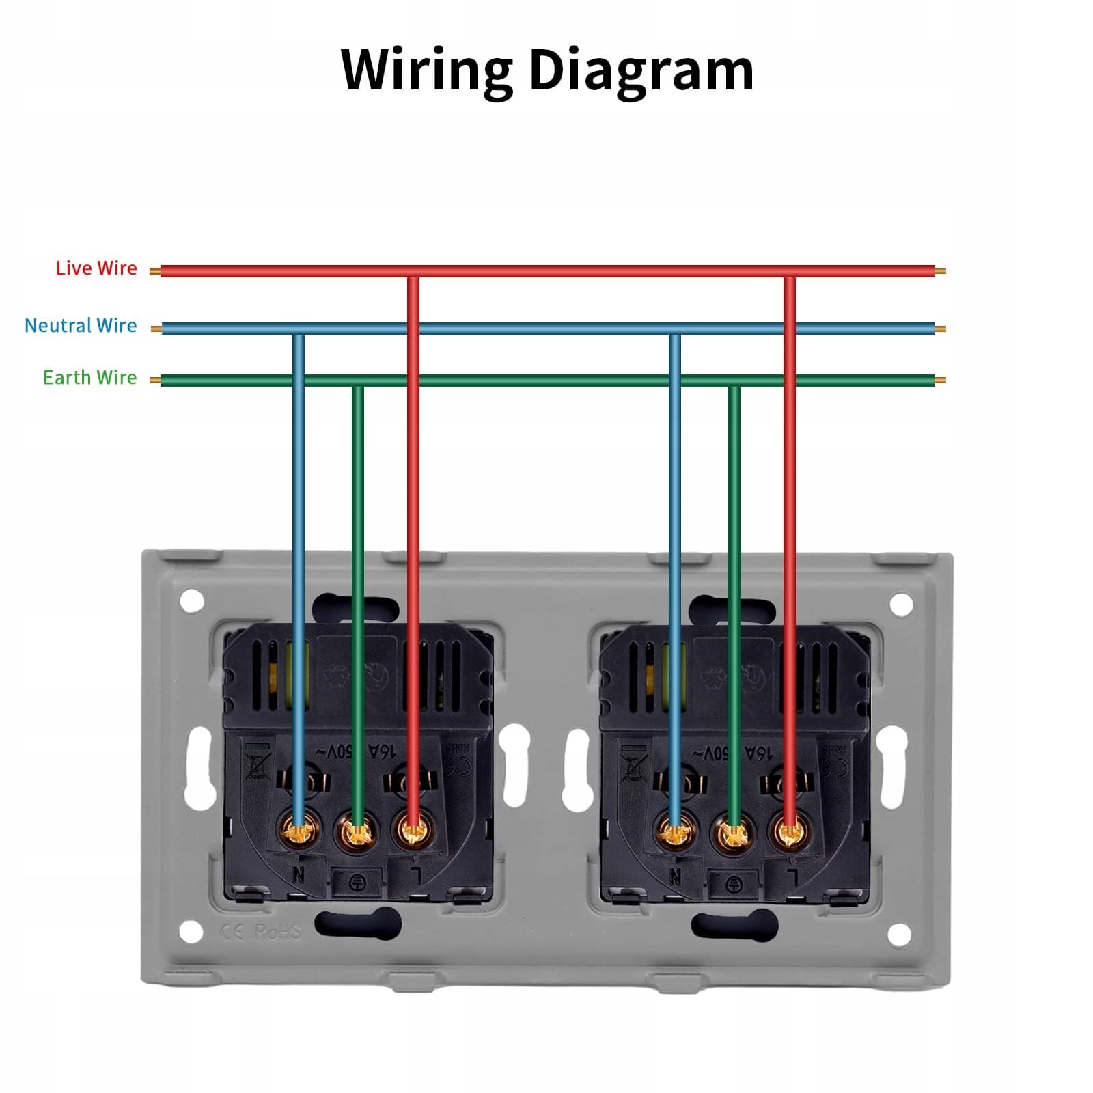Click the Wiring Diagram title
point(546,70)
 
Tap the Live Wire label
point(96,268)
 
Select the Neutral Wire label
point(81,326)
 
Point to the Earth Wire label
point(89,378)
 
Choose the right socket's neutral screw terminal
point(676,832)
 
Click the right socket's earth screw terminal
point(734,833)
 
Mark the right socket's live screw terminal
point(790,831)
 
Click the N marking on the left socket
point(299,874)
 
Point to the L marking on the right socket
point(792,876)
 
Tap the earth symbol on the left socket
point(357,883)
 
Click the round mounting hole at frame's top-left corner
point(192,601)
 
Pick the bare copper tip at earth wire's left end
point(155,381)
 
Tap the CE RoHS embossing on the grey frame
point(260,932)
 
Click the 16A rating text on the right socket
point(758,753)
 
